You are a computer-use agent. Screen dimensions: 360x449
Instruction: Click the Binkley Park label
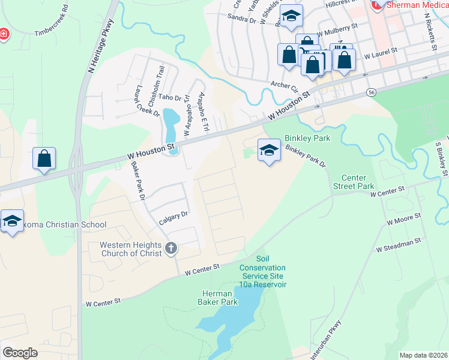(x=308, y=138)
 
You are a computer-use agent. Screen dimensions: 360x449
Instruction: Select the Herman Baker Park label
(x=215, y=298)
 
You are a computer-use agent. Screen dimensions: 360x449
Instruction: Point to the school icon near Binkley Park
(x=269, y=150)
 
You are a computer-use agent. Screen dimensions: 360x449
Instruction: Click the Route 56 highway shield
(x=372, y=92)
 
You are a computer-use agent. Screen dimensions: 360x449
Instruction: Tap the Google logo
(x=20, y=353)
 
